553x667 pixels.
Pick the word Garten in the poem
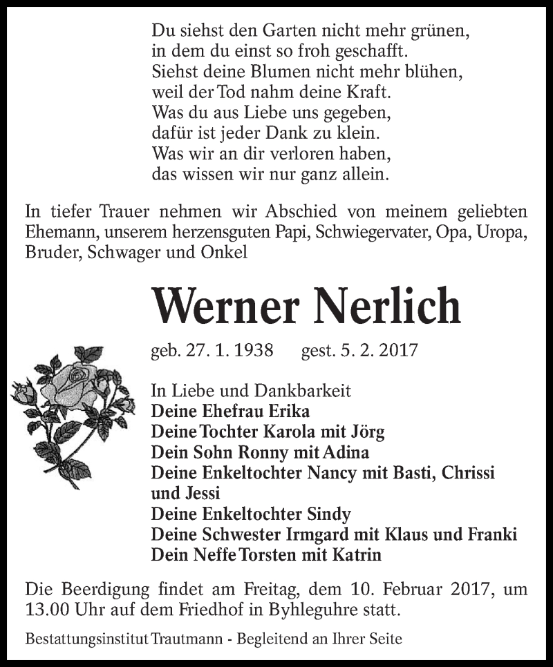tap(285, 31)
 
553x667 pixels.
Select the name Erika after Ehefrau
tap(286, 412)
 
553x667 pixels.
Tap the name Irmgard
tap(327, 534)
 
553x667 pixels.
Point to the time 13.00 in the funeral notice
tap(45, 610)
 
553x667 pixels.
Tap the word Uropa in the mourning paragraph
tap(505, 233)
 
